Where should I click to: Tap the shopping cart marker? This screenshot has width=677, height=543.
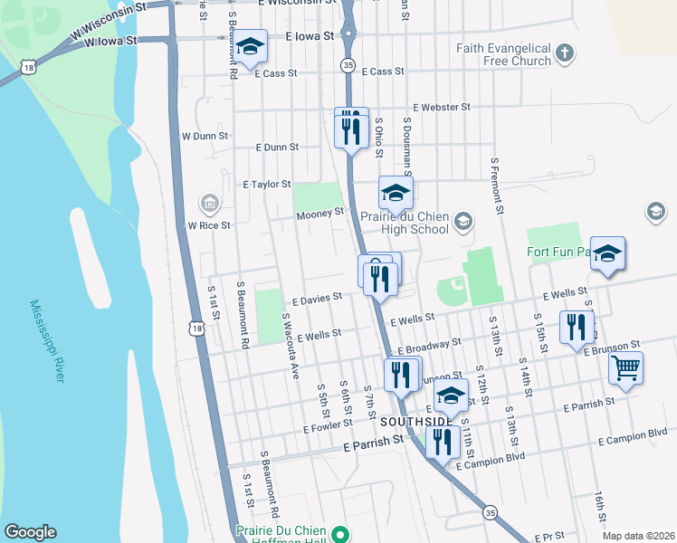coord(625,367)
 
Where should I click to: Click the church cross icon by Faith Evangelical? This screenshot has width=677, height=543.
coord(565,53)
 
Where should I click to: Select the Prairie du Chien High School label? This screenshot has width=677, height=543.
coord(403,223)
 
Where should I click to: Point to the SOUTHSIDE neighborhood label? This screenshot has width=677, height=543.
coord(416,422)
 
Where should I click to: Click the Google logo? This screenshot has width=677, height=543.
coord(30,532)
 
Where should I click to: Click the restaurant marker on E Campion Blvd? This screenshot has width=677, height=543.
coord(442,442)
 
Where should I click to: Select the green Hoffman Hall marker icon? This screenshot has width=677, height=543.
coord(338,535)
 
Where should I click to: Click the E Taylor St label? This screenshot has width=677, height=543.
coord(266,184)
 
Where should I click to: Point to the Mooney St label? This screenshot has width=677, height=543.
coord(320,214)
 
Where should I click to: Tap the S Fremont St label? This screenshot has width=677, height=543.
coord(496,186)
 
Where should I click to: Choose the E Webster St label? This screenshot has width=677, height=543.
coord(441,107)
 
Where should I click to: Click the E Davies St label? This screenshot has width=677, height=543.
coord(316,296)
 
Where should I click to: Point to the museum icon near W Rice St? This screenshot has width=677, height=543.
coord(210,203)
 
